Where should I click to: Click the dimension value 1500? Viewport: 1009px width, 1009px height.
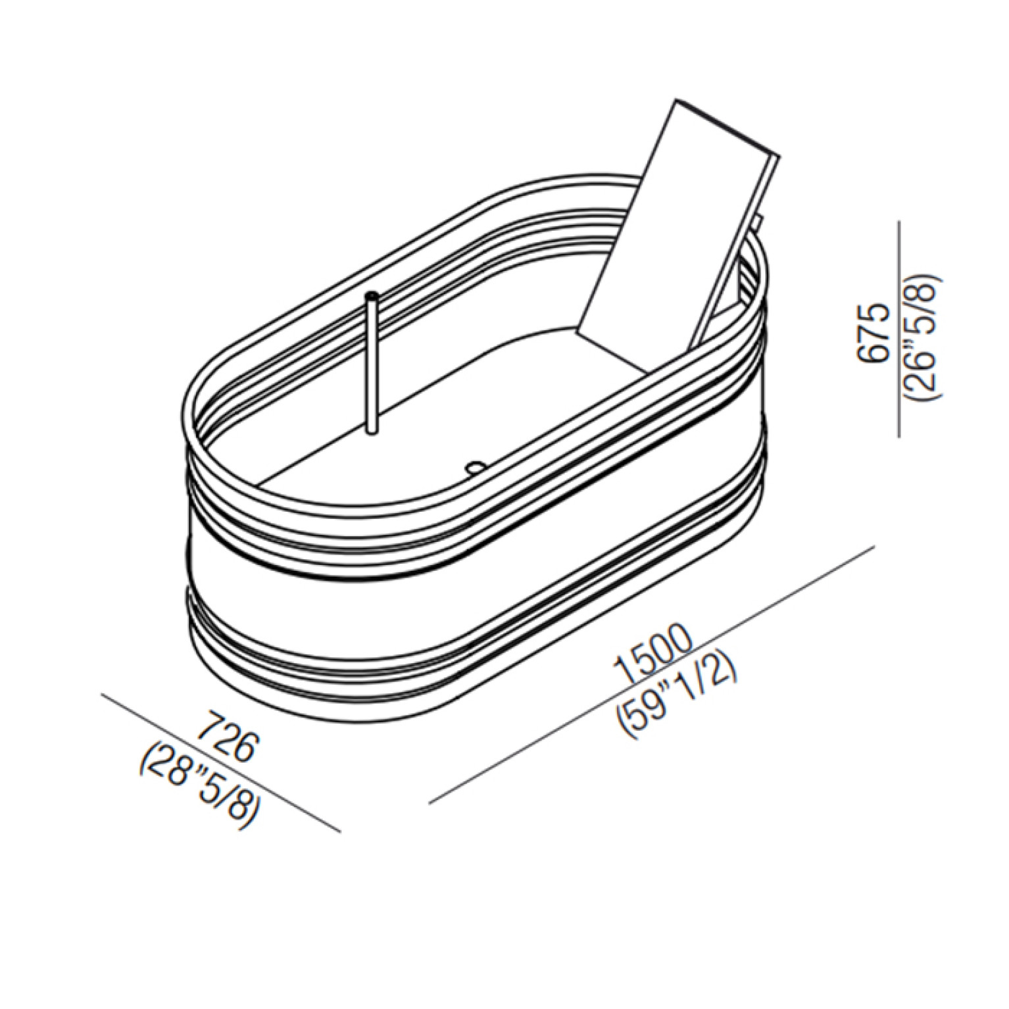point(653,656)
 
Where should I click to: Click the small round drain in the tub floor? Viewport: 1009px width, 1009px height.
point(474,466)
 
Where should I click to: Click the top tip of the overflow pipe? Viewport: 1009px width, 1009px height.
point(373,294)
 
